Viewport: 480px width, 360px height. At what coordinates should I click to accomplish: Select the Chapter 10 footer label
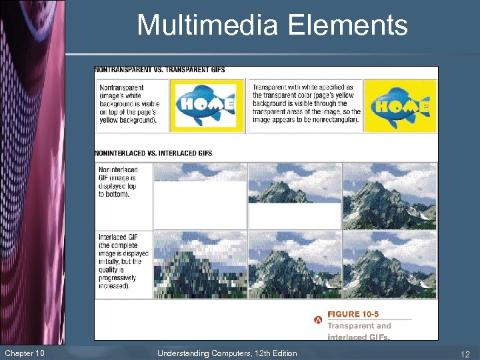click(25, 353)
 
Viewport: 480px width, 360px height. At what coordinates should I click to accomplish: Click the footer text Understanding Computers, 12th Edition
click(227, 353)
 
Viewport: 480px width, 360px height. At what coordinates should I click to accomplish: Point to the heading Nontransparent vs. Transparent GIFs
click(160, 70)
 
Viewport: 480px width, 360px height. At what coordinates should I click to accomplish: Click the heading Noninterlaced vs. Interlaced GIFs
click(154, 153)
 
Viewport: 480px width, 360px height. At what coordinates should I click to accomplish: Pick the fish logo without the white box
click(400, 105)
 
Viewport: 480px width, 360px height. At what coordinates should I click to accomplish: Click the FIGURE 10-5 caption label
click(353, 314)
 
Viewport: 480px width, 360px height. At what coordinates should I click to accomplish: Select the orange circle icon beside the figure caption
click(319, 320)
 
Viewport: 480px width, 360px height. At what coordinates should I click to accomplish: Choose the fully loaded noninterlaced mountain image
click(389, 196)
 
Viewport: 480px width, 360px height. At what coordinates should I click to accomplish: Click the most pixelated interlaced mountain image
click(200, 264)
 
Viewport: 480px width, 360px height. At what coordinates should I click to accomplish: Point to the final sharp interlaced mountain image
click(389, 264)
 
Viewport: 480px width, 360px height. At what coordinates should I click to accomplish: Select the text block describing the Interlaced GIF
click(123, 261)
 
